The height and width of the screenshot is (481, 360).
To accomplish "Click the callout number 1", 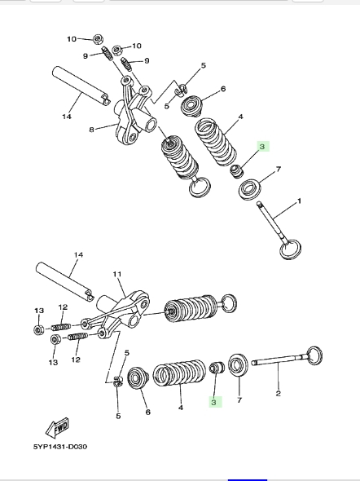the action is pyautogui.click(x=299, y=201).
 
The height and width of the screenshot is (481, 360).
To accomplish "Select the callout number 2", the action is pyautogui.click(x=278, y=393).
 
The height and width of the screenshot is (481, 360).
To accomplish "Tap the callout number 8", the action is pyautogui.click(x=91, y=130).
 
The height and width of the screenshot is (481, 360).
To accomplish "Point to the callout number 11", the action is pyautogui.click(x=117, y=274).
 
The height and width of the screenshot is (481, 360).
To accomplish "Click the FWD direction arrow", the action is pyautogui.click(x=57, y=427).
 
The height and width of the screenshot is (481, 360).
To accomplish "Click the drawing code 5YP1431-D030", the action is pyautogui.click(x=60, y=447).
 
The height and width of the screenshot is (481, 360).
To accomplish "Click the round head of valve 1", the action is pyautogui.click(x=290, y=249).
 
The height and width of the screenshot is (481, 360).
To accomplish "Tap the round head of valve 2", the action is pyautogui.click(x=314, y=355).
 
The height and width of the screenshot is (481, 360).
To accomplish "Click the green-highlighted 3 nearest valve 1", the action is pyautogui.click(x=262, y=146).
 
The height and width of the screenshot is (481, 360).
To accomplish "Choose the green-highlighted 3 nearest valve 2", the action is pyautogui.click(x=214, y=402).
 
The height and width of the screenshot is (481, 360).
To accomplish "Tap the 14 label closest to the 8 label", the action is pyautogui.click(x=67, y=117).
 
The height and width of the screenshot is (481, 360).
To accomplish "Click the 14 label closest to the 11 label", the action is pyautogui.click(x=78, y=254).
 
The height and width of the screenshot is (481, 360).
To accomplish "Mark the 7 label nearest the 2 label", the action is pyautogui.click(x=239, y=400).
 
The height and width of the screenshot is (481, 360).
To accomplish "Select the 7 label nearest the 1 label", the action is pyautogui.click(x=279, y=169).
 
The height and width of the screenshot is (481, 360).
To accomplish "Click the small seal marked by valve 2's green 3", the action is pyautogui.click(x=217, y=367).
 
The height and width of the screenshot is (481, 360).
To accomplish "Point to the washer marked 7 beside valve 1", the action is pyautogui.click(x=249, y=189).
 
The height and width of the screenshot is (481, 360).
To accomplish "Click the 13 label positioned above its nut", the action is pyautogui.click(x=39, y=311).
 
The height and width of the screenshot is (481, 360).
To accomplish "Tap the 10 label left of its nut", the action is pyautogui.click(x=72, y=39).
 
